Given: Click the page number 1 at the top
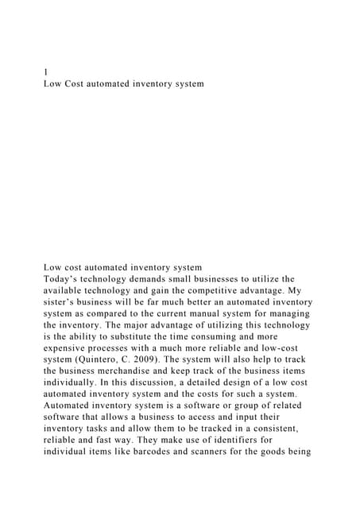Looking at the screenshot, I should pyautogui.click(x=45, y=72).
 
